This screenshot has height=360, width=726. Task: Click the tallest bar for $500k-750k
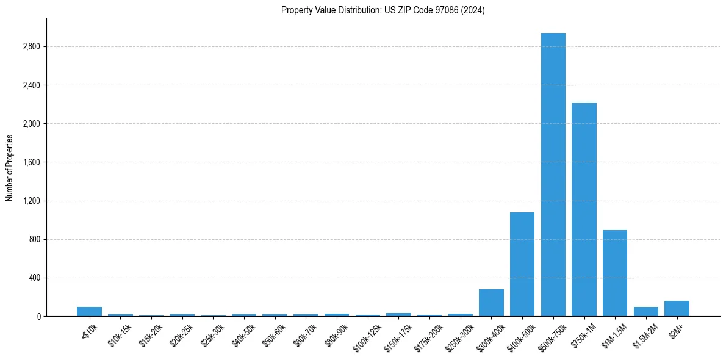553,175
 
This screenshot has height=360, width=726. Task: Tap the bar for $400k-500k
522,264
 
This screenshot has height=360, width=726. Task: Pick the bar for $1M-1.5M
614,273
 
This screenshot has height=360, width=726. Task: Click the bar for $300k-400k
491,303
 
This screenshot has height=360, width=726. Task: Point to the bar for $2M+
677,309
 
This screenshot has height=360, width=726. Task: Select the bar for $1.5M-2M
645,311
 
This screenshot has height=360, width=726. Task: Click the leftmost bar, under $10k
89,311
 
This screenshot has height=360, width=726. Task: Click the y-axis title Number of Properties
9,167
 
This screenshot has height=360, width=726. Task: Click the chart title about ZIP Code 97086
383,10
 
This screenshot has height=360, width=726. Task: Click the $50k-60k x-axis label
275,334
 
